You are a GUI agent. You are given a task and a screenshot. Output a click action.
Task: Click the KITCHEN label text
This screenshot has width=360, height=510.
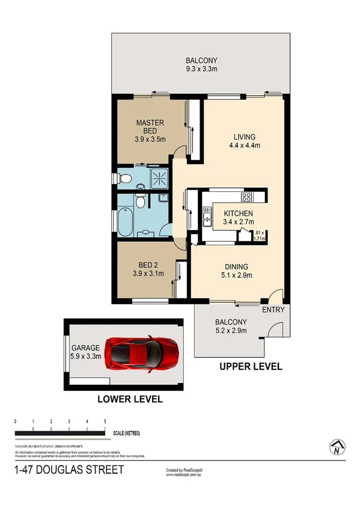coord(238,214)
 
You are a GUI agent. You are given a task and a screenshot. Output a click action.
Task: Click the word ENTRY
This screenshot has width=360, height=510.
coord(272,310)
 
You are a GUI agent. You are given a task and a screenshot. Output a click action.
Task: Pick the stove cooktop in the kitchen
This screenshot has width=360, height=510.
coord(246,197)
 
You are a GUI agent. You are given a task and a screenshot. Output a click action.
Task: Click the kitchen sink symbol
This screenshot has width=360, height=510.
coord(207,216)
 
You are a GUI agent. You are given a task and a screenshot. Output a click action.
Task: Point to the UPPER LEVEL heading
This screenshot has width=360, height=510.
coord(251,366)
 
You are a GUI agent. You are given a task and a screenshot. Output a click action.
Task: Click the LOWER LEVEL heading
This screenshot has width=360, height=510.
coord(130,399)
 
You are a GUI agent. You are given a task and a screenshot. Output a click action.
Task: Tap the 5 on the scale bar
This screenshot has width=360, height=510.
coord(105,422)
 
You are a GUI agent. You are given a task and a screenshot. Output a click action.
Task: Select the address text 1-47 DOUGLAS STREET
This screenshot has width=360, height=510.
coord(69,469)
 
